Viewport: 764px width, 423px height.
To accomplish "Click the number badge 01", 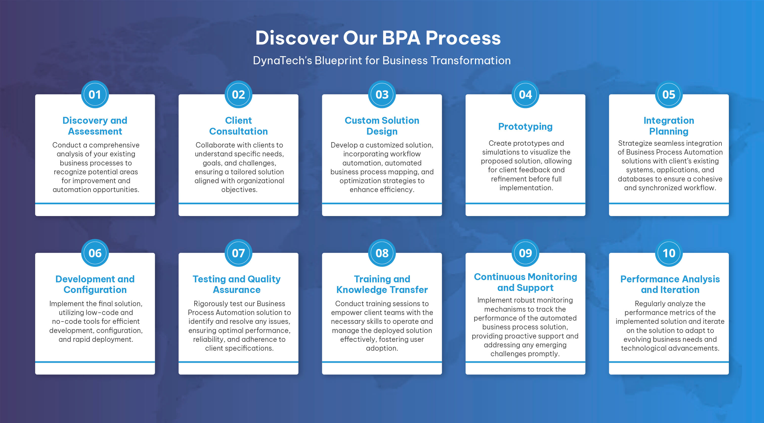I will coord(95,95).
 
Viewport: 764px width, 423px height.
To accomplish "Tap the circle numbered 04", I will coord(525,95).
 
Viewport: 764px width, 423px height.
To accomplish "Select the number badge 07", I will coord(238,253).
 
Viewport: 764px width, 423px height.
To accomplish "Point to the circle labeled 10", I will coord(669,253).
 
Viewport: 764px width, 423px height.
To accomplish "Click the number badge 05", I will coord(669,95).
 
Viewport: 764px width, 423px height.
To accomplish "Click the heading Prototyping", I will coord(525,127).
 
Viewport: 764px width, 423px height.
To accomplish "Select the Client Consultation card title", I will coord(238,126).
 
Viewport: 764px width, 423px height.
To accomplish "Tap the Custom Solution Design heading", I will coord(382,126).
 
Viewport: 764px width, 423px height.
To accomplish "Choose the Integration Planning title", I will coord(669,126).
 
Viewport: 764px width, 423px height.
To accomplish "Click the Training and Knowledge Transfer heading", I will coord(382,284).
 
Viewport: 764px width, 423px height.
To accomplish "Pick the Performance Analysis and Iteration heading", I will coord(670,284).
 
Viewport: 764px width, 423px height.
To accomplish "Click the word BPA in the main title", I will coord(401,38).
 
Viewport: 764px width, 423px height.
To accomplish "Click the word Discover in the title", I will coord(297,38).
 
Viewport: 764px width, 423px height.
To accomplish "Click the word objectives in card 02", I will coord(239,189).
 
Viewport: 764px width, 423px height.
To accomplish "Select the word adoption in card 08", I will coord(382,348).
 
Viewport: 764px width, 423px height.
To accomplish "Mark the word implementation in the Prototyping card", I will coord(526,188).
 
